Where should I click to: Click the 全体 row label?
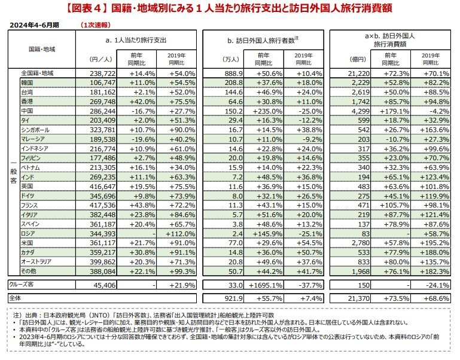14,298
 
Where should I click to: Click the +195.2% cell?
434,244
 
